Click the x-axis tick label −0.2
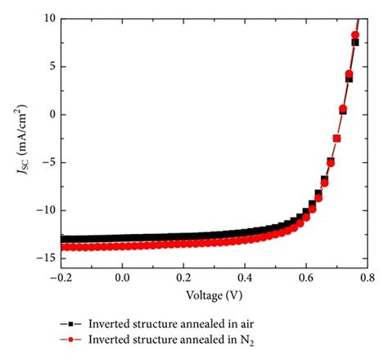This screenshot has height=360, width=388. (x=61, y=277)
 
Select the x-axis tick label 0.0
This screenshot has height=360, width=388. (x=122, y=277)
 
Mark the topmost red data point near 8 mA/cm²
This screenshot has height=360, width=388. (x=355, y=35)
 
